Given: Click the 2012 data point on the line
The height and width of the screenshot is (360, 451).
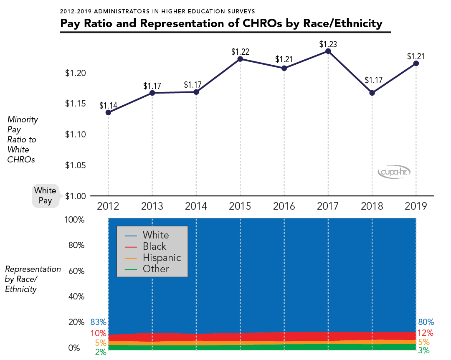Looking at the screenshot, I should pyautogui.click(x=108, y=112).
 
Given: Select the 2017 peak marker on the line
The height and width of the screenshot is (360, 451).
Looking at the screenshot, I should pyautogui.click(x=328, y=51).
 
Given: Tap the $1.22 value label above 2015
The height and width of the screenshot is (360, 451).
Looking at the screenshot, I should pyautogui.click(x=240, y=52).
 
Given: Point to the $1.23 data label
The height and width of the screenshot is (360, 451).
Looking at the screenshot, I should pyautogui.click(x=328, y=44).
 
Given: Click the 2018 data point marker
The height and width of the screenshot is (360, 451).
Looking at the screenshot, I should pyautogui.click(x=372, y=93).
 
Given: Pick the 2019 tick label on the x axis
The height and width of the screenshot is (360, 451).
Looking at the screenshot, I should pyautogui.click(x=416, y=206).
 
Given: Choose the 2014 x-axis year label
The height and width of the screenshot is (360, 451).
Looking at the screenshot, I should pyautogui.click(x=196, y=206).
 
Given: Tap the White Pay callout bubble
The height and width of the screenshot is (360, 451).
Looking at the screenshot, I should pyautogui.click(x=45, y=195).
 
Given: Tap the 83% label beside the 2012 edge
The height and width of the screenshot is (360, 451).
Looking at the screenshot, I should pyautogui.click(x=99, y=322).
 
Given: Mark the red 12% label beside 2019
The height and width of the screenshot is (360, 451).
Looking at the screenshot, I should pyautogui.click(x=426, y=333).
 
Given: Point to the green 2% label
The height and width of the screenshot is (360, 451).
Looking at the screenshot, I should pyautogui.click(x=101, y=352).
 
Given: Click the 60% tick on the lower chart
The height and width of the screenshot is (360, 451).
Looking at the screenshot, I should pyautogui.click(x=76, y=271).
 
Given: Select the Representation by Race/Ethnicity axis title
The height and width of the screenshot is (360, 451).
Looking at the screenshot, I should pyautogui.click(x=33, y=279).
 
